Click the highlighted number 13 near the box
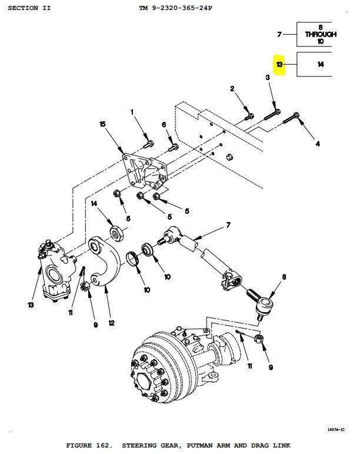point(279,64)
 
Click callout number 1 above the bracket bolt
point(132,112)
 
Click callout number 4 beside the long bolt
point(318,143)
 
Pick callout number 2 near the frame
point(232,89)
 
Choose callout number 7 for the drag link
point(228,226)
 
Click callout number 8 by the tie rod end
point(284,277)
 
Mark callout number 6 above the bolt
point(164,124)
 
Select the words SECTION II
point(29,8)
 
